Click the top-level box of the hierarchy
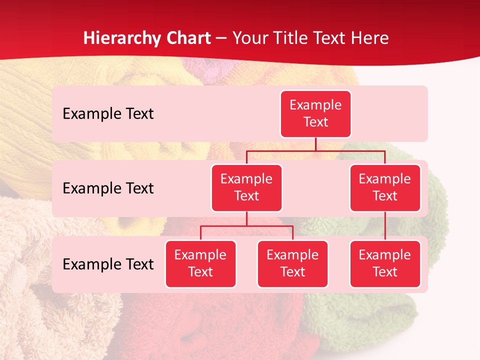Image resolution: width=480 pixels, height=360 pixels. coord(315,113)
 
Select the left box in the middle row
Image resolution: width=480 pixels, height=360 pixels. coord(246,187)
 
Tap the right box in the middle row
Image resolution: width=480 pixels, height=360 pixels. coord(385,187)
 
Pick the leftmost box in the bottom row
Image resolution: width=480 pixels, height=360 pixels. coord(200,263)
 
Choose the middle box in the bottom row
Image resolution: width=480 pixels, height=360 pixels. coord(292,263)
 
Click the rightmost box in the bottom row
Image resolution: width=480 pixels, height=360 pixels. coord(385,263)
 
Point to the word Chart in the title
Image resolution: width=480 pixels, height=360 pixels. coord(188,38)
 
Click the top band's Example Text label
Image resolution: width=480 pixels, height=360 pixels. coord(108,113)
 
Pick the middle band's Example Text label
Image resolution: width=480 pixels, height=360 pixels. coord(108,188)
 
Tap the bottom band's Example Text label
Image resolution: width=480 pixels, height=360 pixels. coord(108,264)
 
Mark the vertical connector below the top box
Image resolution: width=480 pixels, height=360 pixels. coord(315,144)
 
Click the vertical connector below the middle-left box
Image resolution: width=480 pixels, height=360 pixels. coord(246,219)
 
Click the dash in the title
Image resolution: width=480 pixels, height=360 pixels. coord(221,38)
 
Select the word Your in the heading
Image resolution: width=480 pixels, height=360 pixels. coord(250,38)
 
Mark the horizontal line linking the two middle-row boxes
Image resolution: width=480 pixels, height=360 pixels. coord(315,150)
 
